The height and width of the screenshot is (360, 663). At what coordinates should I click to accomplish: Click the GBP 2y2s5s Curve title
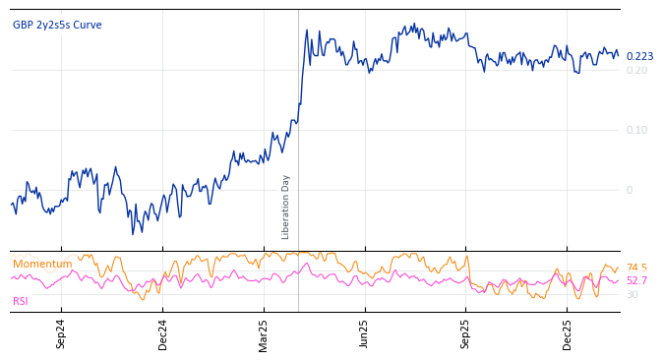57,26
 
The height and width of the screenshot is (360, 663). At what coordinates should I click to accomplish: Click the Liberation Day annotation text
286,207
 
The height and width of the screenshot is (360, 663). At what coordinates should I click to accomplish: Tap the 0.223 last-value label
639,57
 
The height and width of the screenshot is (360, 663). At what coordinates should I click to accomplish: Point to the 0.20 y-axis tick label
636,70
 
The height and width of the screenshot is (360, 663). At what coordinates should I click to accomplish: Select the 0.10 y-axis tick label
636,130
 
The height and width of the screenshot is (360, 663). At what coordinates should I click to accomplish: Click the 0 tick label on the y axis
630,190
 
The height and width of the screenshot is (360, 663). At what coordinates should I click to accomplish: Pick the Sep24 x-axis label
61,333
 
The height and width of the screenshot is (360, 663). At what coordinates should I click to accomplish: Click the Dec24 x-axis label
163,333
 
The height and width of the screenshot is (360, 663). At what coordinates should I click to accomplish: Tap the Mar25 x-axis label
264,333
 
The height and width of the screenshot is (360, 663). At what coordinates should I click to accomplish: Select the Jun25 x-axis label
365,333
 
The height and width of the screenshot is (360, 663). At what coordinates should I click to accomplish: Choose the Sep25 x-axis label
466,333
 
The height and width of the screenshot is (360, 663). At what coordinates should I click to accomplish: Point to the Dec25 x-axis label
568,333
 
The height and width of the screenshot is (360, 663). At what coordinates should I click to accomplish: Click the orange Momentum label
42,265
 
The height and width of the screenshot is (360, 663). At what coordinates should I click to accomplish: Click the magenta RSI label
21,302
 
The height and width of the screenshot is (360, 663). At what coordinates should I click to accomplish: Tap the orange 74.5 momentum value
636,268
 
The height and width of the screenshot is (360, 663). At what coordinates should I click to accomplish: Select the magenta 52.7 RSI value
636,281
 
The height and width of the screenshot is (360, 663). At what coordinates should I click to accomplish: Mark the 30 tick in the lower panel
632,295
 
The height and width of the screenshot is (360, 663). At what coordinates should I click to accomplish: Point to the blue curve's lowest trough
133,233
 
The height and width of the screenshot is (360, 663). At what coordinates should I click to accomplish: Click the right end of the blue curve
618,56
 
